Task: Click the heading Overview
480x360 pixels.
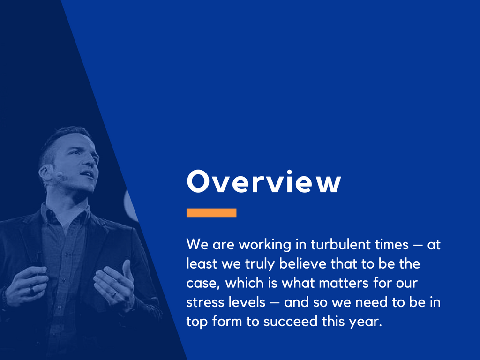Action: (x=263, y=182)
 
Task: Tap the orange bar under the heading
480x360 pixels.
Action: (x=211, y=213)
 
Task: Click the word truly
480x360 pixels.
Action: (x=261, y=264)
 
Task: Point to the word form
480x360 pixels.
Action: (x=223, y=322)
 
